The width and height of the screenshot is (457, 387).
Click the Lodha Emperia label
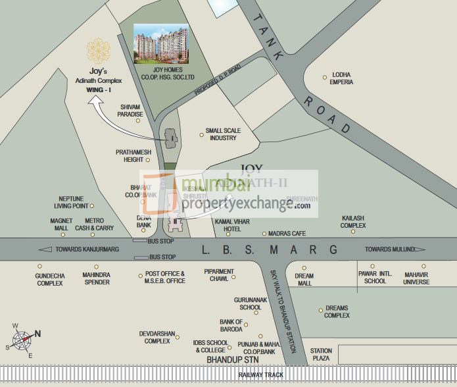(342, 78)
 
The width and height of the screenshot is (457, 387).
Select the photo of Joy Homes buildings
(161, 44)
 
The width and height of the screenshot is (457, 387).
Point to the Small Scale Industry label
(223, 134)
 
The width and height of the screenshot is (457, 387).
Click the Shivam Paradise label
(131, 110)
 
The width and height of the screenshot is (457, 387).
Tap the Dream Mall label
(304, 279)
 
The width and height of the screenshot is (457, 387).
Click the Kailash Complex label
(353, 221)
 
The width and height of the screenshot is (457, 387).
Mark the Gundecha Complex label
(49, 279)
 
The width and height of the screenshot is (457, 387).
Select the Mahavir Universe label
(416, 278)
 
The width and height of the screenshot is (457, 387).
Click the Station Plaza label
(321, 355)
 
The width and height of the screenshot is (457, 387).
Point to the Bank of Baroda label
(231, 326)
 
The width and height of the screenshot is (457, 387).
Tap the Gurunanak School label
(251, 303)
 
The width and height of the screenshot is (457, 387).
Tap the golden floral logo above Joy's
(98, 51)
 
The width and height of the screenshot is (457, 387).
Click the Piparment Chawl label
(219, 275)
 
